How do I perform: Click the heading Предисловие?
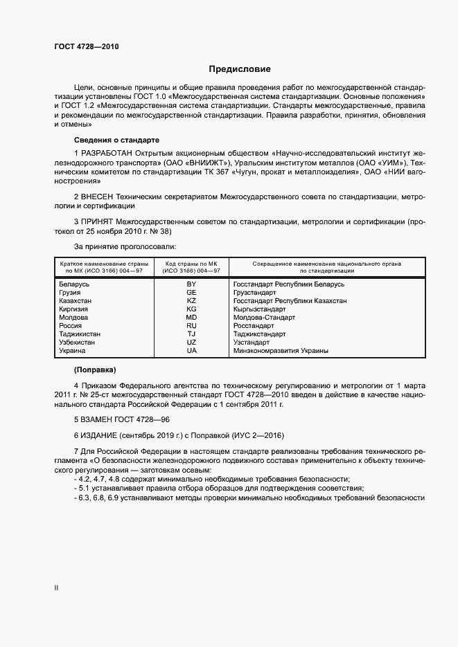(x=240, y=69)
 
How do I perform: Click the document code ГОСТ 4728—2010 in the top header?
(x=87, y=46)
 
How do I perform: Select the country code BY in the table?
(x=192, y=284)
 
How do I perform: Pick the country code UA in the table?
(x=192, y=351)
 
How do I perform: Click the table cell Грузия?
(x=71, y=293)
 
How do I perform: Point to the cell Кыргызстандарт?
(x=259, y=309)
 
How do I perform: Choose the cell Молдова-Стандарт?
(x=264, y=318)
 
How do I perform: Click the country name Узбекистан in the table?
(x=78, y=343)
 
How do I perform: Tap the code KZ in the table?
(x=192, y=301)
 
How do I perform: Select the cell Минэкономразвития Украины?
(x=281, y=351)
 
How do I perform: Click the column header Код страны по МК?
(x=191, y=264)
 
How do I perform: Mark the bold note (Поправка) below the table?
(x=95, y=370)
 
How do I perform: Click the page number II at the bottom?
(x=56, y=587)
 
